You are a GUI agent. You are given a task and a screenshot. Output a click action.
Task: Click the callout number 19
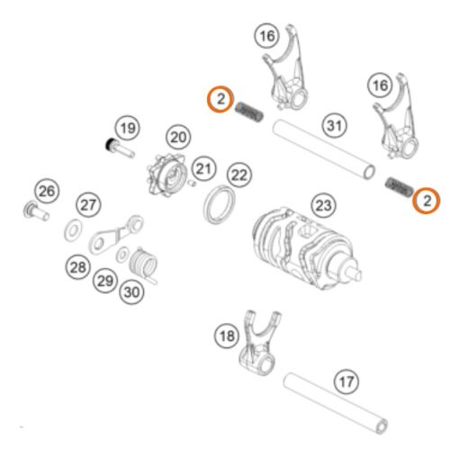(x=128, y=128)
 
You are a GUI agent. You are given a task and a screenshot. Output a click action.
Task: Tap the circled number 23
(x=324, y=205)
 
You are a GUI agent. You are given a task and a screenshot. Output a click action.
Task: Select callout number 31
(x=335, y=125)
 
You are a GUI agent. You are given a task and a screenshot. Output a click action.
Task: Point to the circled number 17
(x=346, y=382)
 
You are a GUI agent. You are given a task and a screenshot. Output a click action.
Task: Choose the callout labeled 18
(x=227, y=336)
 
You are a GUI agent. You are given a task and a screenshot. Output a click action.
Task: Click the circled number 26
(x=47, y=191)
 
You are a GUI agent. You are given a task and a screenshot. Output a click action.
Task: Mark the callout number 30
(x=131, y=292)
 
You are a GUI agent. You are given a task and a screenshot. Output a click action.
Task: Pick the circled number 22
(x=239, y=175)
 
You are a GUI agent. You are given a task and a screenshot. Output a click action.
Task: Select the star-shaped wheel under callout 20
(x=166, y=175)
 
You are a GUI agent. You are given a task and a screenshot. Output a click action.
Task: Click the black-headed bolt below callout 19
(x=120, y=148)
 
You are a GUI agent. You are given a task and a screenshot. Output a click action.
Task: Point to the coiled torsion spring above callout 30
(x=144, y=264)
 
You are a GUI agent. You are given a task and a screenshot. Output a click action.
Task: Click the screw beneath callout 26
(x=35, y=211)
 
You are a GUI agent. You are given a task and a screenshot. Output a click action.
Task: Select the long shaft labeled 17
(x=336, y=403)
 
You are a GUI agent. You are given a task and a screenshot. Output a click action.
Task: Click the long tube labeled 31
(x=324, y=149)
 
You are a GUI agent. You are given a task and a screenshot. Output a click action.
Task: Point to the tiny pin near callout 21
(x=192, y=183)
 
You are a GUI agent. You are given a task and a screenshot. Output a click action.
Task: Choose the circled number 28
(x=78, y=267)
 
